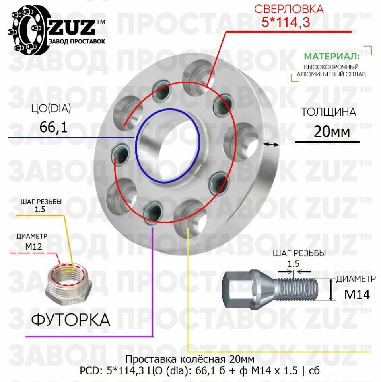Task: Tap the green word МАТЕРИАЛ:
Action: (x=332, y=56)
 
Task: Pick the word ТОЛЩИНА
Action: (x=328, y=112)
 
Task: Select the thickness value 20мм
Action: (x=332, y=131)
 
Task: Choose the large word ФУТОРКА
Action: (x=70, y=319)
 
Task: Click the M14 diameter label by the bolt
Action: (x=357, y=294)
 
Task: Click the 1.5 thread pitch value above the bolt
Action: (x=294, y=263)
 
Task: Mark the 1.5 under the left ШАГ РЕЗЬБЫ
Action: (x=41, y=209)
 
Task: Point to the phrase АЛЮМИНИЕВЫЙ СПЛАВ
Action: (x=331, y=74)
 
